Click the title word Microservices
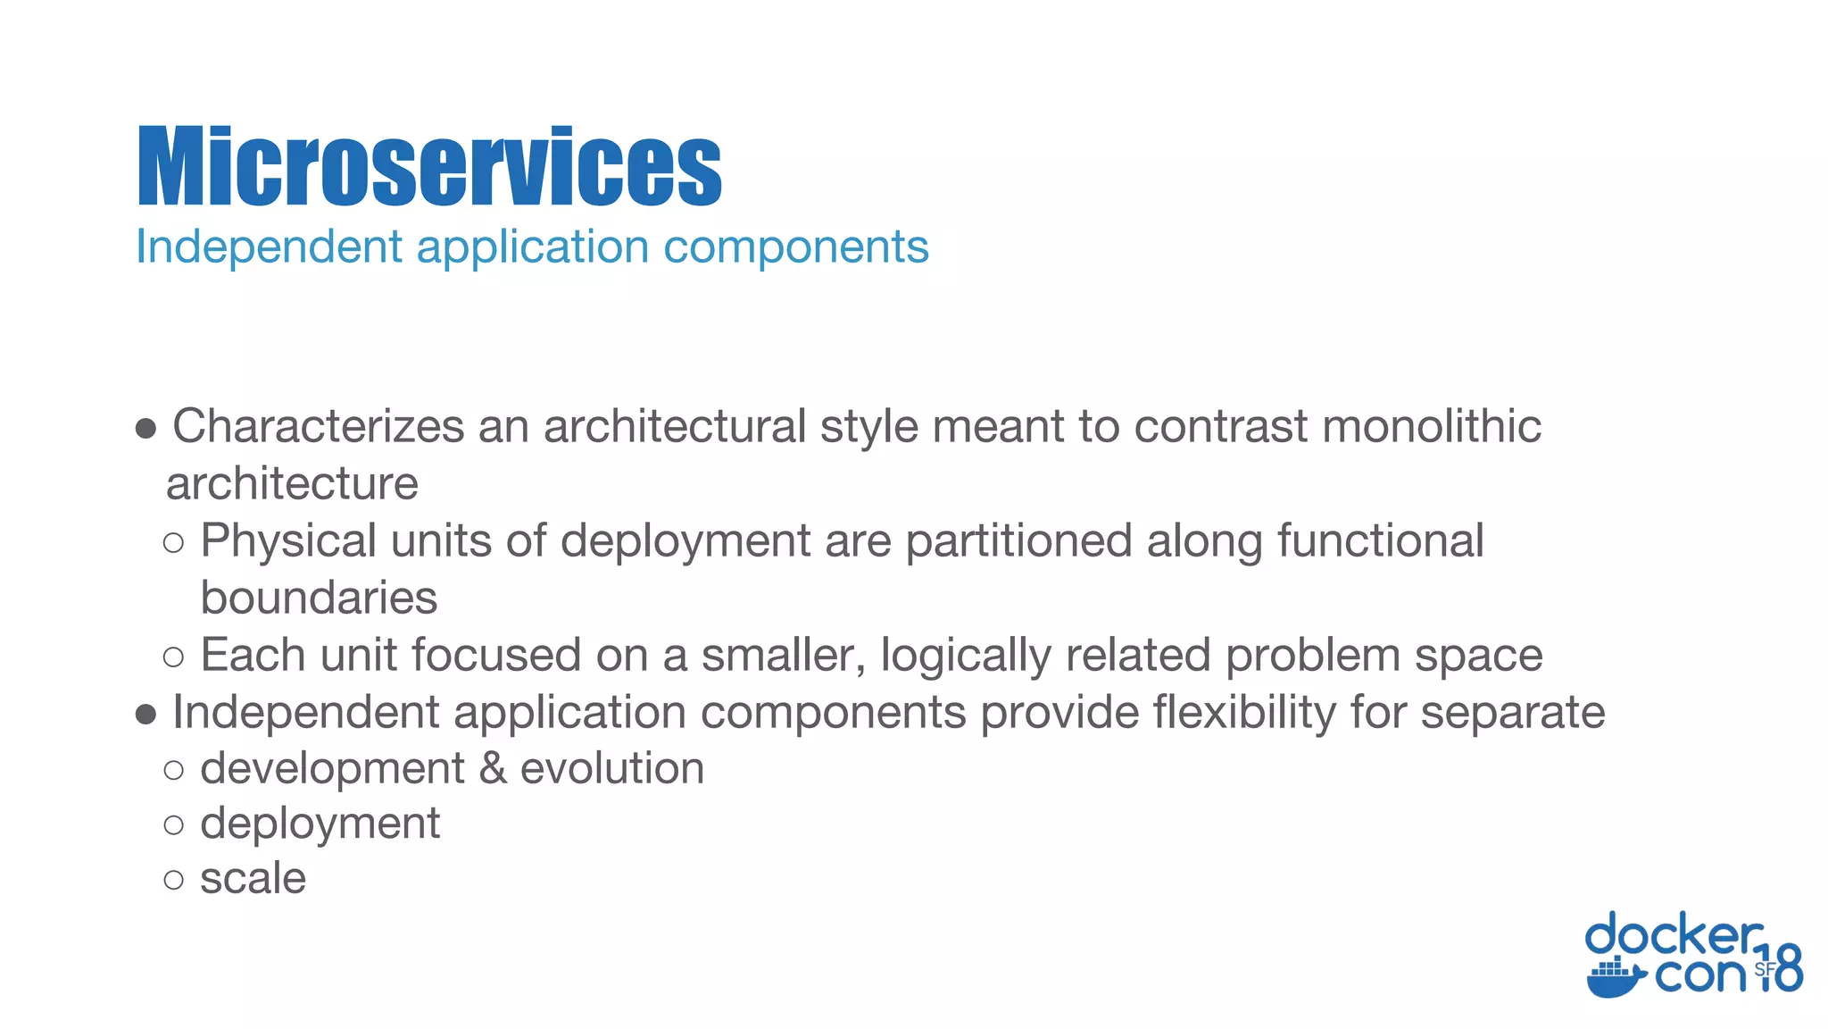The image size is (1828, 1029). click(429, 167)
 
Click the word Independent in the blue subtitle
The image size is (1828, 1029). click(269, 247)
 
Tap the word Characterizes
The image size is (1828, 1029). click(318, 426)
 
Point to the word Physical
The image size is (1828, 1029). click(288, 540)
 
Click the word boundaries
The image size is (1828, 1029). click(319, 598)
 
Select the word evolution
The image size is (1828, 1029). click(612, 769)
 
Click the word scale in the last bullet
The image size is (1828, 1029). click(253, 879)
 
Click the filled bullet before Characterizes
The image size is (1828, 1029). click(146, 429)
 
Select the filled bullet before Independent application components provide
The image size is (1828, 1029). click(146, 715)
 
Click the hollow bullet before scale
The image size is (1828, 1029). click(174, 881)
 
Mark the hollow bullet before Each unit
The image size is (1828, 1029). click(174, 658)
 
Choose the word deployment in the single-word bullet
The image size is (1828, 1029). click(320, 824)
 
